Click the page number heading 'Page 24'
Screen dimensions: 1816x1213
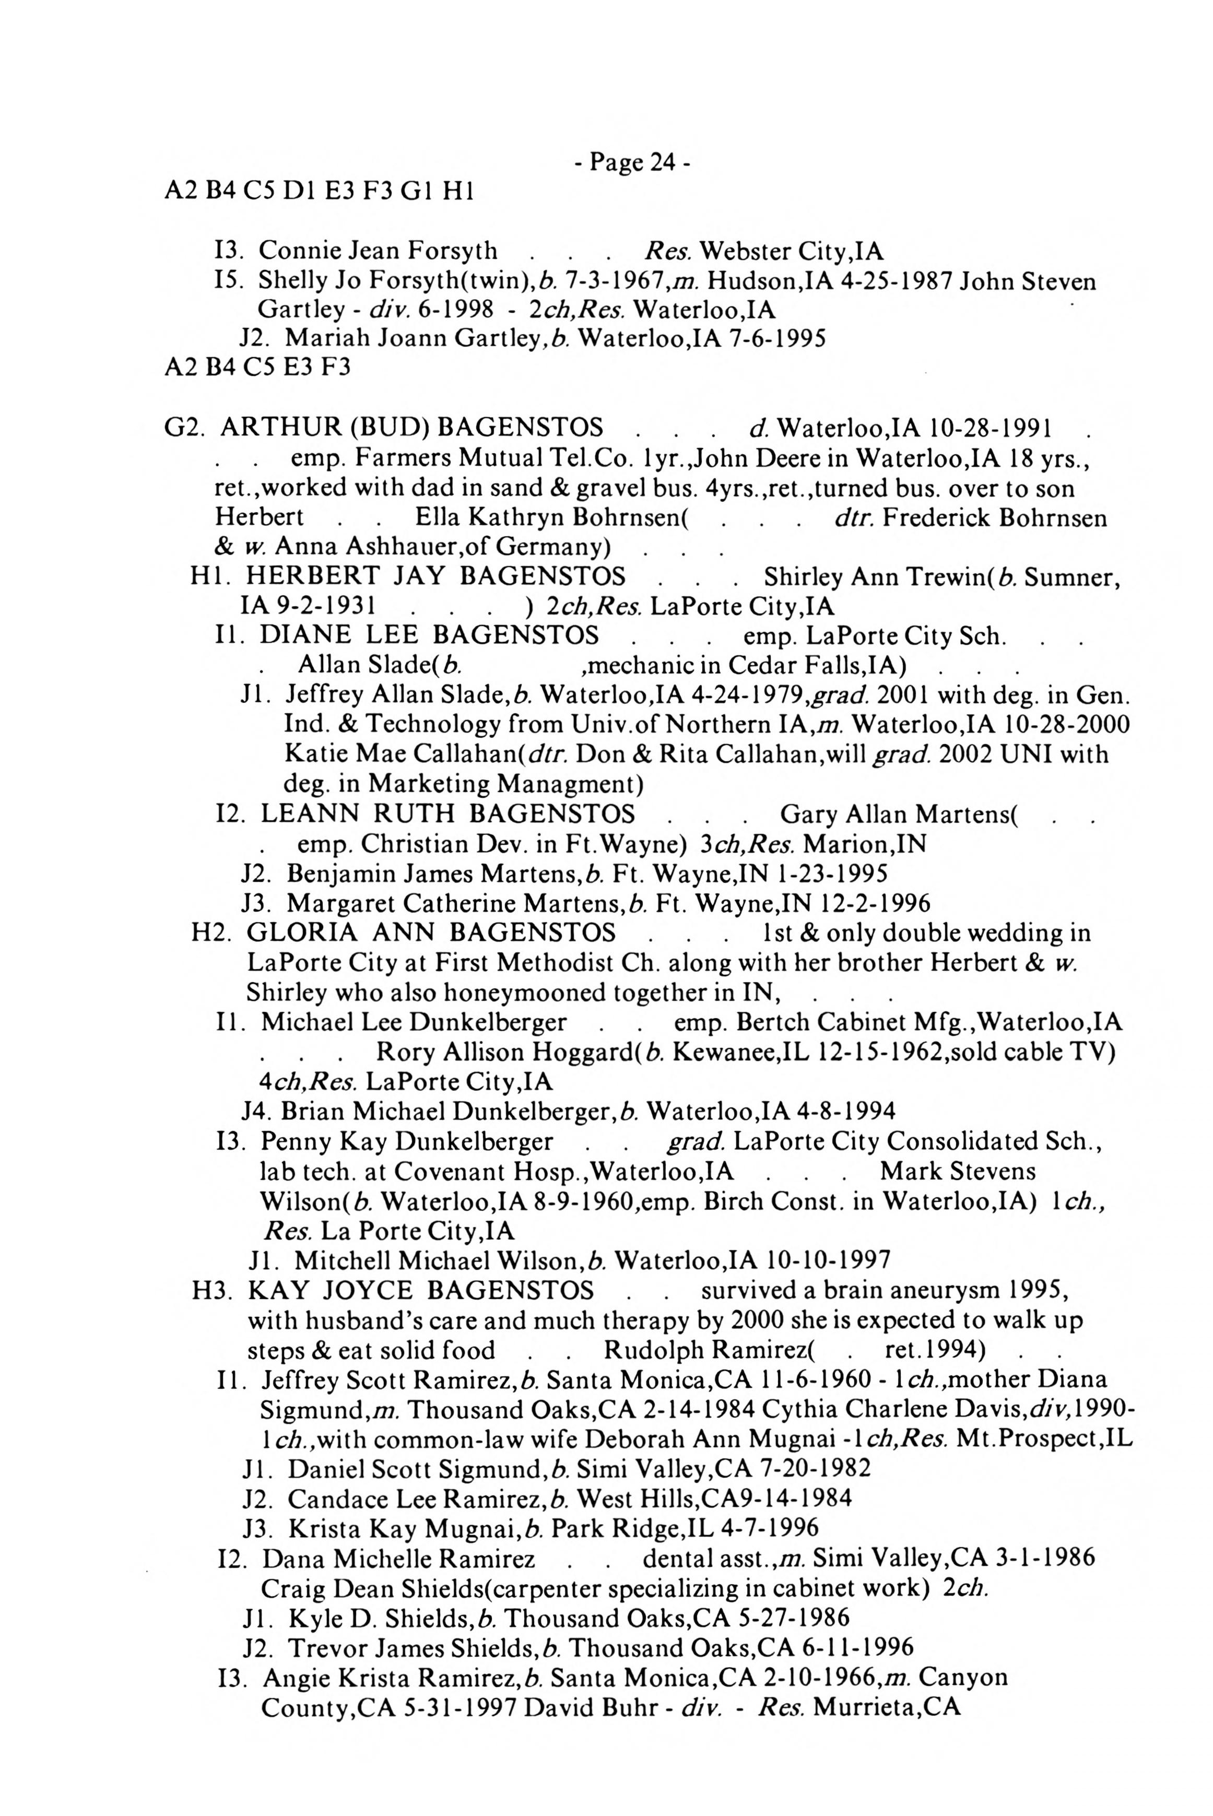point(631,162)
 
